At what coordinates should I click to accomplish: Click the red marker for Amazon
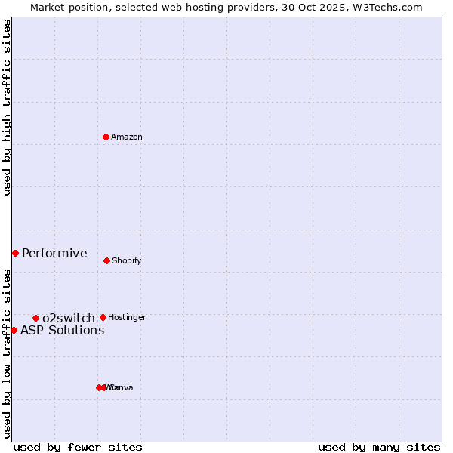coord(106,137)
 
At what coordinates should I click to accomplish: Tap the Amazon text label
coord(127,137)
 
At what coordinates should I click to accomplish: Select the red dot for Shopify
coord(106,260)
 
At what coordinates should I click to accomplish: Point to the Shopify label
coord(127,261)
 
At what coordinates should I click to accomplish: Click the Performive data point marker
coord(15,253)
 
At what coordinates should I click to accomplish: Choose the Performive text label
coord(54,254)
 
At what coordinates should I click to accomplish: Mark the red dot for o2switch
coord(35,318)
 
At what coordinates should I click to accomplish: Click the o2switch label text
coord(69,319)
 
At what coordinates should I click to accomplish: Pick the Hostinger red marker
coord(103,317)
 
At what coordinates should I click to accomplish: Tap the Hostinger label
coord(127,318)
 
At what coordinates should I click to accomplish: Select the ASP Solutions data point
coord(14,330)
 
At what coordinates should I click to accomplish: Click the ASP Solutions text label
coord(62,331)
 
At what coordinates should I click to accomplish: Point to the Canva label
coord(122,388)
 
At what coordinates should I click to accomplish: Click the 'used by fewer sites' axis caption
coord(78,448)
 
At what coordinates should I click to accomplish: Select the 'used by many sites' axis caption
coord(379,448)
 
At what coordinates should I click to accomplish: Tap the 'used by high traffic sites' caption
coord(7,107)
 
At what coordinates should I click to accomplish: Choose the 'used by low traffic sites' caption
coord(7,353)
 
